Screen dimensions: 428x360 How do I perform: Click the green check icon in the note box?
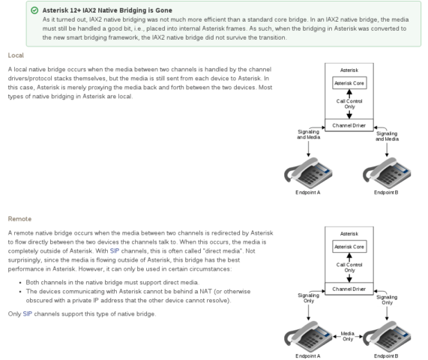pyautogui.click(x=34, y=10)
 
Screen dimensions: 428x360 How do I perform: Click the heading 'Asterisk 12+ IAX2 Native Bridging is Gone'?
pyautogui.click(x=107, y=10)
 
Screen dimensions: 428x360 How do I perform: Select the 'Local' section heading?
pyautogui.click(x=16, y=55)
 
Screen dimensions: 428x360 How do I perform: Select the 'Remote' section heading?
pyautogui.click(x=19, y=219)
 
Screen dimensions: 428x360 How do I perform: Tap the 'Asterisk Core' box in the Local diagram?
pyautogui.click(x=349, y=83)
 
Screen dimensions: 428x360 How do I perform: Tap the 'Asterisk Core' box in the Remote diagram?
pyautogui.click(x=349, y=247)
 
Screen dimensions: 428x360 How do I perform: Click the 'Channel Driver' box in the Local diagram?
pyautogui.click(x=349, y=125)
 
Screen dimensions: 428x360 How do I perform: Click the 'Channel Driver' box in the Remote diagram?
pyautogui.click(x=349, y=289)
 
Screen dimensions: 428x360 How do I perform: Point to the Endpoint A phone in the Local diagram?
pyautogui.click(x=308, y=173)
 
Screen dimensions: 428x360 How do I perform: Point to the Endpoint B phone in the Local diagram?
pyautogui.click(x=387, y=173)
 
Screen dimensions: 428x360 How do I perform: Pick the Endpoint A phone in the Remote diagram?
pyautogui.click(x=308, y=337)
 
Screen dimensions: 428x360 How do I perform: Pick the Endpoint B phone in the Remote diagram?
pyautogui.click(x=387, y=337)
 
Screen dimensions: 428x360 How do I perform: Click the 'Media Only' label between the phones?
pyautogui.click(x=348, y=336)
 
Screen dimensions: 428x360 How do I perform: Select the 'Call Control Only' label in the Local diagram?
pyautogui.click(x=349, y=103)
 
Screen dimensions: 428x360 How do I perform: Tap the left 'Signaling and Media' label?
pyautogui.click(x=308, y=134)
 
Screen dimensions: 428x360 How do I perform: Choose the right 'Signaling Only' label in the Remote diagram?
pyautogui.click(x=387, y=300)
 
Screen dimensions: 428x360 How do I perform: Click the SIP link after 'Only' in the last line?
pyautogui.click(x=28, y=313)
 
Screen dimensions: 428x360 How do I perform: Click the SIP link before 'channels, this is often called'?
pyautogui.click(x=115, y=250)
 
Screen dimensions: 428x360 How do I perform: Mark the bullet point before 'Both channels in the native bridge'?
pyautogui.click(x=20, y=283)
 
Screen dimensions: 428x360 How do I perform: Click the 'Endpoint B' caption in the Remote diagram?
pyautogui.click(x=386, y=356)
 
